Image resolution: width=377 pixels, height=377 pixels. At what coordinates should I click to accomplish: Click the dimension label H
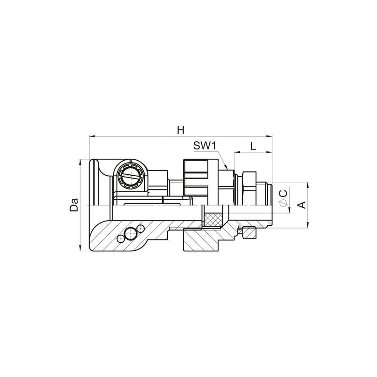click(180, 130)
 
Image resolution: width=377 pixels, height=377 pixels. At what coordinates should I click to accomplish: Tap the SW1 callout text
click(205, 146)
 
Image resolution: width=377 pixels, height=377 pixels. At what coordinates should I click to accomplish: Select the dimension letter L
click(253, 146)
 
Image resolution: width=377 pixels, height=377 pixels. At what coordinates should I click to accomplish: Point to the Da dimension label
click(74, 205)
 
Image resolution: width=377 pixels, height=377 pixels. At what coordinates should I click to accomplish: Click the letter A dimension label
click(302, 205)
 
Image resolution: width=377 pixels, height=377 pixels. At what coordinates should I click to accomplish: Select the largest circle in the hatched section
click(130, 233)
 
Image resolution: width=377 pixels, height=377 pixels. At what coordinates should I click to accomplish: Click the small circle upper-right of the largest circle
click(140, 229)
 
